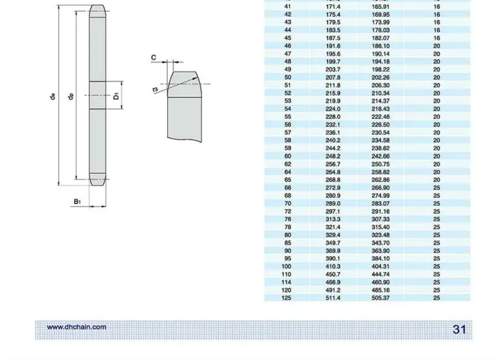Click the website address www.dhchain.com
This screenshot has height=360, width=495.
click(x=76, y=327)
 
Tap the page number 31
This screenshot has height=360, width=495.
click(x=459, y=330)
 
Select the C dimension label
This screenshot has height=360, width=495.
click(x=153, y=58)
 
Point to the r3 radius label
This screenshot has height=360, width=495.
click(x=155, y=90)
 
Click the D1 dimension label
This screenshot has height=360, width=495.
click(x=116, y=96)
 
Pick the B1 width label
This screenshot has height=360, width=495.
click(x=77, y=202)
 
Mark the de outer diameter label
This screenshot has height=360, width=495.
click(x=53, y=96)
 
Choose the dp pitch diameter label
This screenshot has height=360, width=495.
click(x=71, y=96)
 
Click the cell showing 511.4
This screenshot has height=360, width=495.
click(x=333, y=298)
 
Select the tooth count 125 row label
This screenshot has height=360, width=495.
click(x=286, y=298)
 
